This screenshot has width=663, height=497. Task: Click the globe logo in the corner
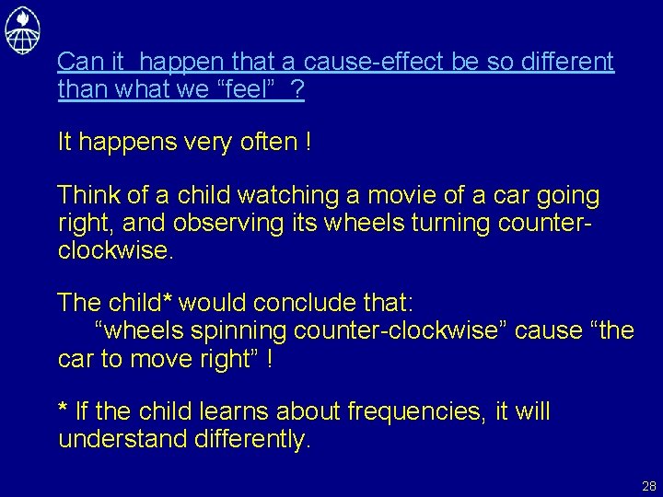[23, 29]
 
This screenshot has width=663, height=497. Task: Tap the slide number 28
[648, 486]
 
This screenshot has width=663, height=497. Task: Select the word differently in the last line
[252, 439]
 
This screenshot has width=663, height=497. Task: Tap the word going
[567, 196]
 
